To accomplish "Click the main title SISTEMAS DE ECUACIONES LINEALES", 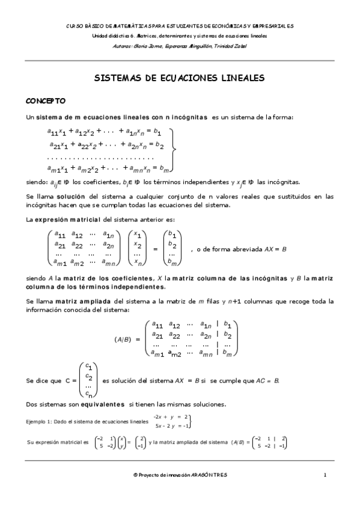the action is [180, 78].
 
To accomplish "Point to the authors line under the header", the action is [180, 45].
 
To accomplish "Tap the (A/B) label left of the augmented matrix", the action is [123, 339].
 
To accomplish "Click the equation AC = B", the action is [267, 381].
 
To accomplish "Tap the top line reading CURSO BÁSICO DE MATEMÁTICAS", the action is [180, 26].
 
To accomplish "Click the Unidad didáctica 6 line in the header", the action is [180, 35].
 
